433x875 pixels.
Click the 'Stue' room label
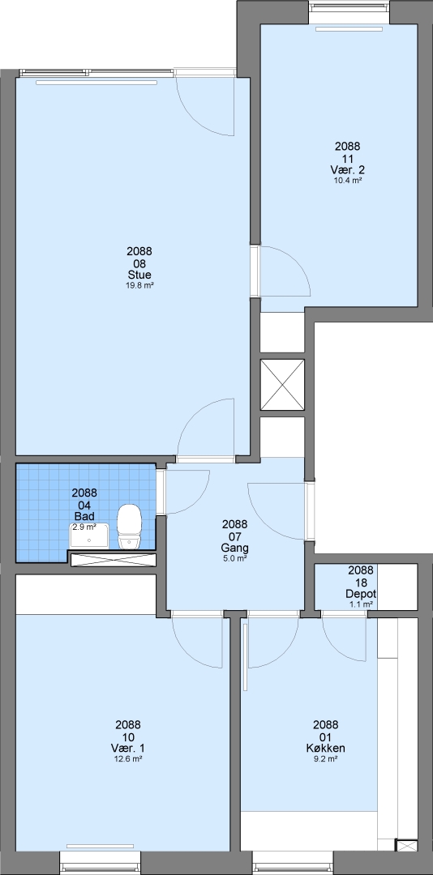pos(139,275)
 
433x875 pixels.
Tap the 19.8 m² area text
pos(139,285)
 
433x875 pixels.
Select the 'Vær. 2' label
pos(348,170)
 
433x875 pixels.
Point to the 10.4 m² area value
pos(348,180)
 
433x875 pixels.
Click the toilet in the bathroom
pos(129,527)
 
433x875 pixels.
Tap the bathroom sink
pos(89,536)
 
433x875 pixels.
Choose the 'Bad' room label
pos(84,516)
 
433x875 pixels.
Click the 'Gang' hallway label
pos(234,548)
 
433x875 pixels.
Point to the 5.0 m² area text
pos(234,557)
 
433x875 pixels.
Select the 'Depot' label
pos(361,594)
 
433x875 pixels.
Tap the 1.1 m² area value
pos(361,604)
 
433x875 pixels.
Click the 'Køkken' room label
pos(326,749)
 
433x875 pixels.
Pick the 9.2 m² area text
pos(326,758)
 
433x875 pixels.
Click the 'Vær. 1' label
pos(128,749)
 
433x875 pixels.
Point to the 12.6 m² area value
pos(128,758)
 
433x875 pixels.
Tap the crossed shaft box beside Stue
pos(283,385)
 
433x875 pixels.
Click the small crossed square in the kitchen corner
pos(406,845)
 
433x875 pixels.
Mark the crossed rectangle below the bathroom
pos(113,560)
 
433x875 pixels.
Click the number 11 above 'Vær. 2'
pos(348,159)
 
